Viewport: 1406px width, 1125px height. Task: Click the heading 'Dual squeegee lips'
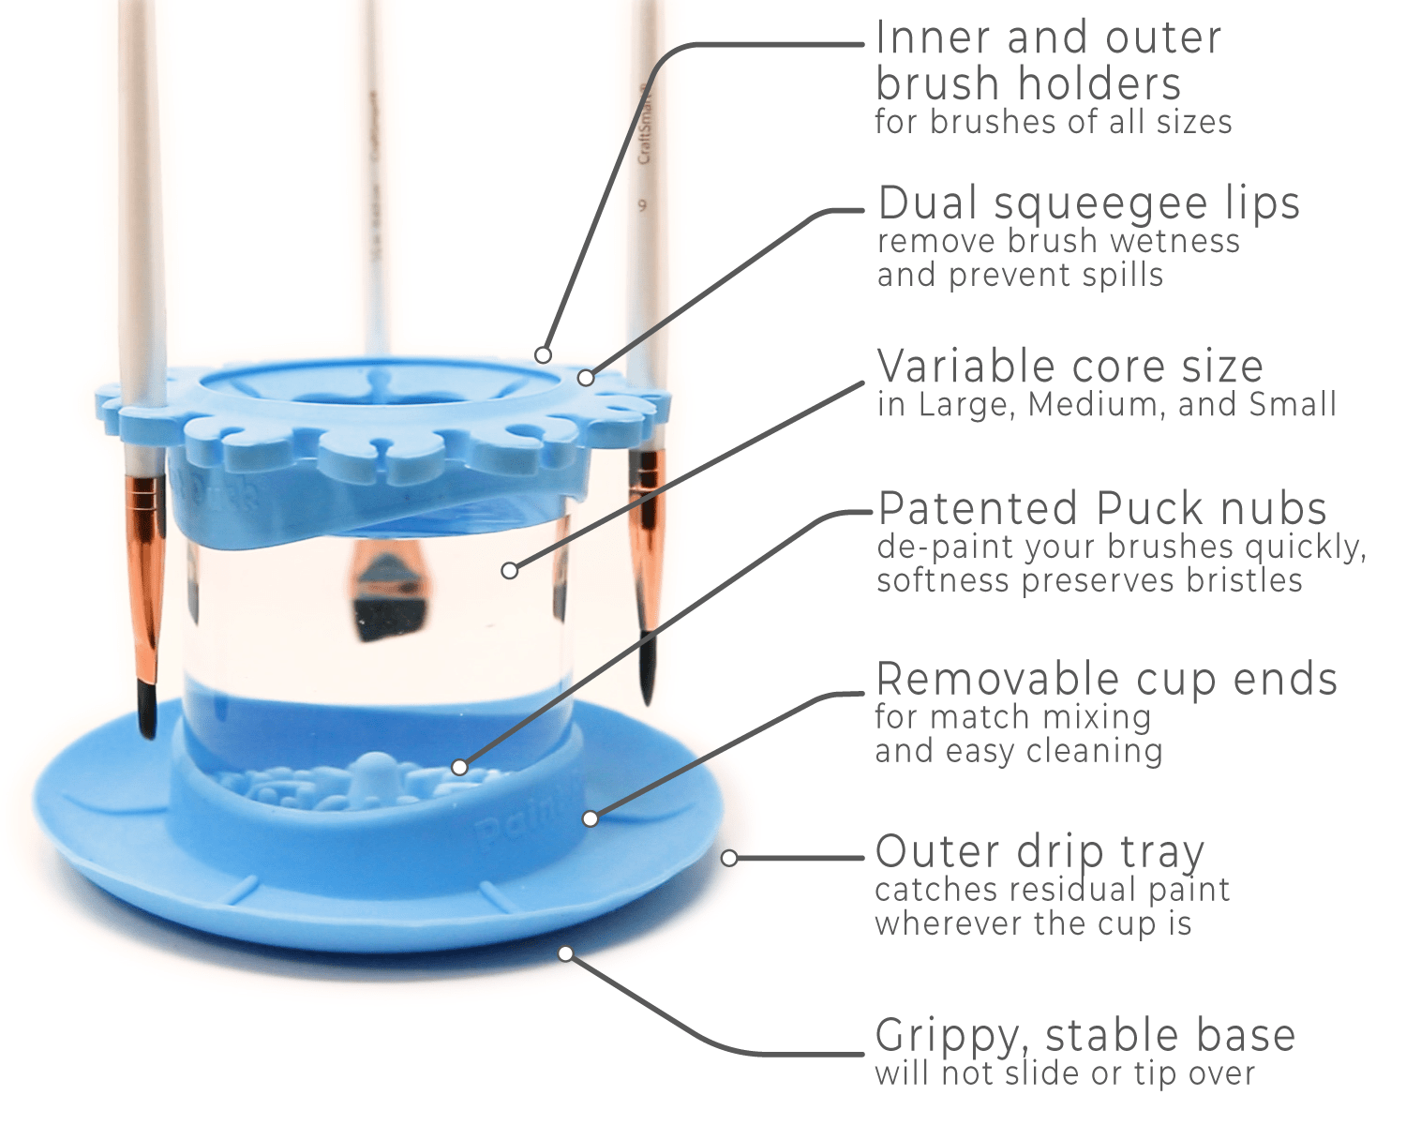[x=1088, y=203]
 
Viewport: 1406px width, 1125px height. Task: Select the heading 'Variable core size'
[x=1069, y=367]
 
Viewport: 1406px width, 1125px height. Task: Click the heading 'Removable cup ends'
[x=1106, y=680]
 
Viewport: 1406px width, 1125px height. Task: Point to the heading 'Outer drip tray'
[x=1039, y=852]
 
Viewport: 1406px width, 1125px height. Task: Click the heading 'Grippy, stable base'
[x=1084, y=1036]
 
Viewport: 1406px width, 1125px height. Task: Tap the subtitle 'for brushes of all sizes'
[x=1053, y=122]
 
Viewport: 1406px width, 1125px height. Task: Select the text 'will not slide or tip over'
[x=1064, y=1074]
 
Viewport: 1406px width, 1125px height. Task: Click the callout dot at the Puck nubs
[x=459, y=767]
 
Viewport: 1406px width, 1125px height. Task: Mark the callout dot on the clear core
[x=509, y=570]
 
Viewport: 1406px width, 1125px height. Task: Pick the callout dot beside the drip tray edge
[x=729, y=858]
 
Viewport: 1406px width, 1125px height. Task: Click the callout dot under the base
[x=565, y=953]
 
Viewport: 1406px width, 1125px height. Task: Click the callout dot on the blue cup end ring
[x=590, y=818]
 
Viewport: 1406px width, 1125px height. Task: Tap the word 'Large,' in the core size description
[x=966, y=405]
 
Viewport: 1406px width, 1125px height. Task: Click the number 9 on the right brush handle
[x=643, y=204]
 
